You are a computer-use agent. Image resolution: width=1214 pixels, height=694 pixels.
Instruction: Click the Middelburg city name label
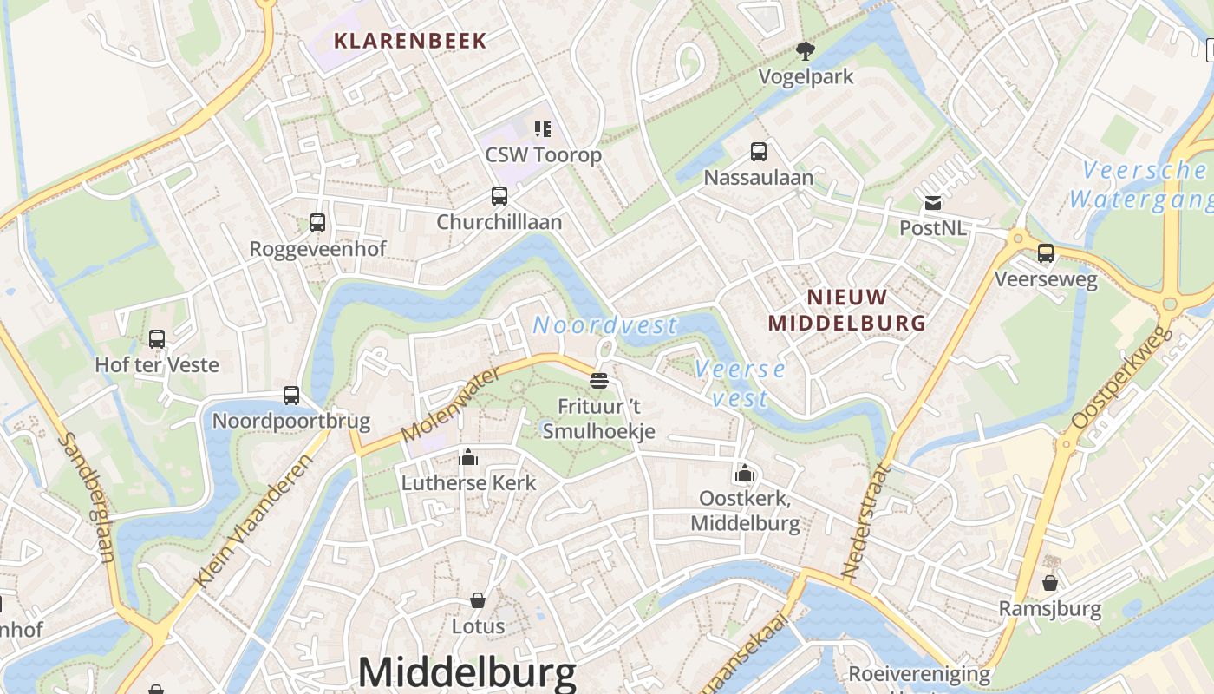click(467, 672)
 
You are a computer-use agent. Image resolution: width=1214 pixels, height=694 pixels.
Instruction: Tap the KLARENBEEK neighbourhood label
click(410, 41)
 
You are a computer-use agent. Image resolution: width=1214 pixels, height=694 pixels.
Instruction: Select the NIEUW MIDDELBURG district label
click(847, 310)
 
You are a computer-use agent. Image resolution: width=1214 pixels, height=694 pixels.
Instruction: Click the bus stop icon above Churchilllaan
click(499, 196)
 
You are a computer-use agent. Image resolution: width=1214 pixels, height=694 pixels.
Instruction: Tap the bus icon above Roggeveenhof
click(317, 223)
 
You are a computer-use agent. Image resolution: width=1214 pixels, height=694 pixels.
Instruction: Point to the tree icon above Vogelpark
click(806, 50)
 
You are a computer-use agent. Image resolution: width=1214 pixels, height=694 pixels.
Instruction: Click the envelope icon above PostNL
click(933, 203)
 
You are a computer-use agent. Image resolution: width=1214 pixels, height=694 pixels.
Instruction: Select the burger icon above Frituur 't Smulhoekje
click(598, 380)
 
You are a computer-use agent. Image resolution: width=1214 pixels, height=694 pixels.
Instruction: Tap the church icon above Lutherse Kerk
click(468, 456)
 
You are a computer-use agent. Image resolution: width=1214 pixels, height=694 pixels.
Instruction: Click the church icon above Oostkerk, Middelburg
click(744, 473)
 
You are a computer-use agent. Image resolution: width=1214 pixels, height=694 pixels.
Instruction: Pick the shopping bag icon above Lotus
click(478, 599)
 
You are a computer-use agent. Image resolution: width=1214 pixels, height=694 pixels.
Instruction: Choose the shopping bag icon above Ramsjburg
click(1050, 582)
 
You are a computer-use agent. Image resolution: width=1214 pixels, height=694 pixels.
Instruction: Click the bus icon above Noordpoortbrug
click(291, 396)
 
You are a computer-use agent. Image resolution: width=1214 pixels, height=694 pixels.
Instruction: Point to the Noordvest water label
click(604, 325)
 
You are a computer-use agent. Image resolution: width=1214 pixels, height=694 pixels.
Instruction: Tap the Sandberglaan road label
click(87, 498)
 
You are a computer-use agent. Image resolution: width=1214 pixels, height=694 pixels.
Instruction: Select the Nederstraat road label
click(866, 520)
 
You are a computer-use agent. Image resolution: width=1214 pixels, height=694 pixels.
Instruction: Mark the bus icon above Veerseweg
click(1046, 253)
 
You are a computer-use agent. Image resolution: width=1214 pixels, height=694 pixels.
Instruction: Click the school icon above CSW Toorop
click(543, 129)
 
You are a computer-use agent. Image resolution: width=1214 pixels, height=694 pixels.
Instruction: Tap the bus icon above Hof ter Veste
click(157, 339)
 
